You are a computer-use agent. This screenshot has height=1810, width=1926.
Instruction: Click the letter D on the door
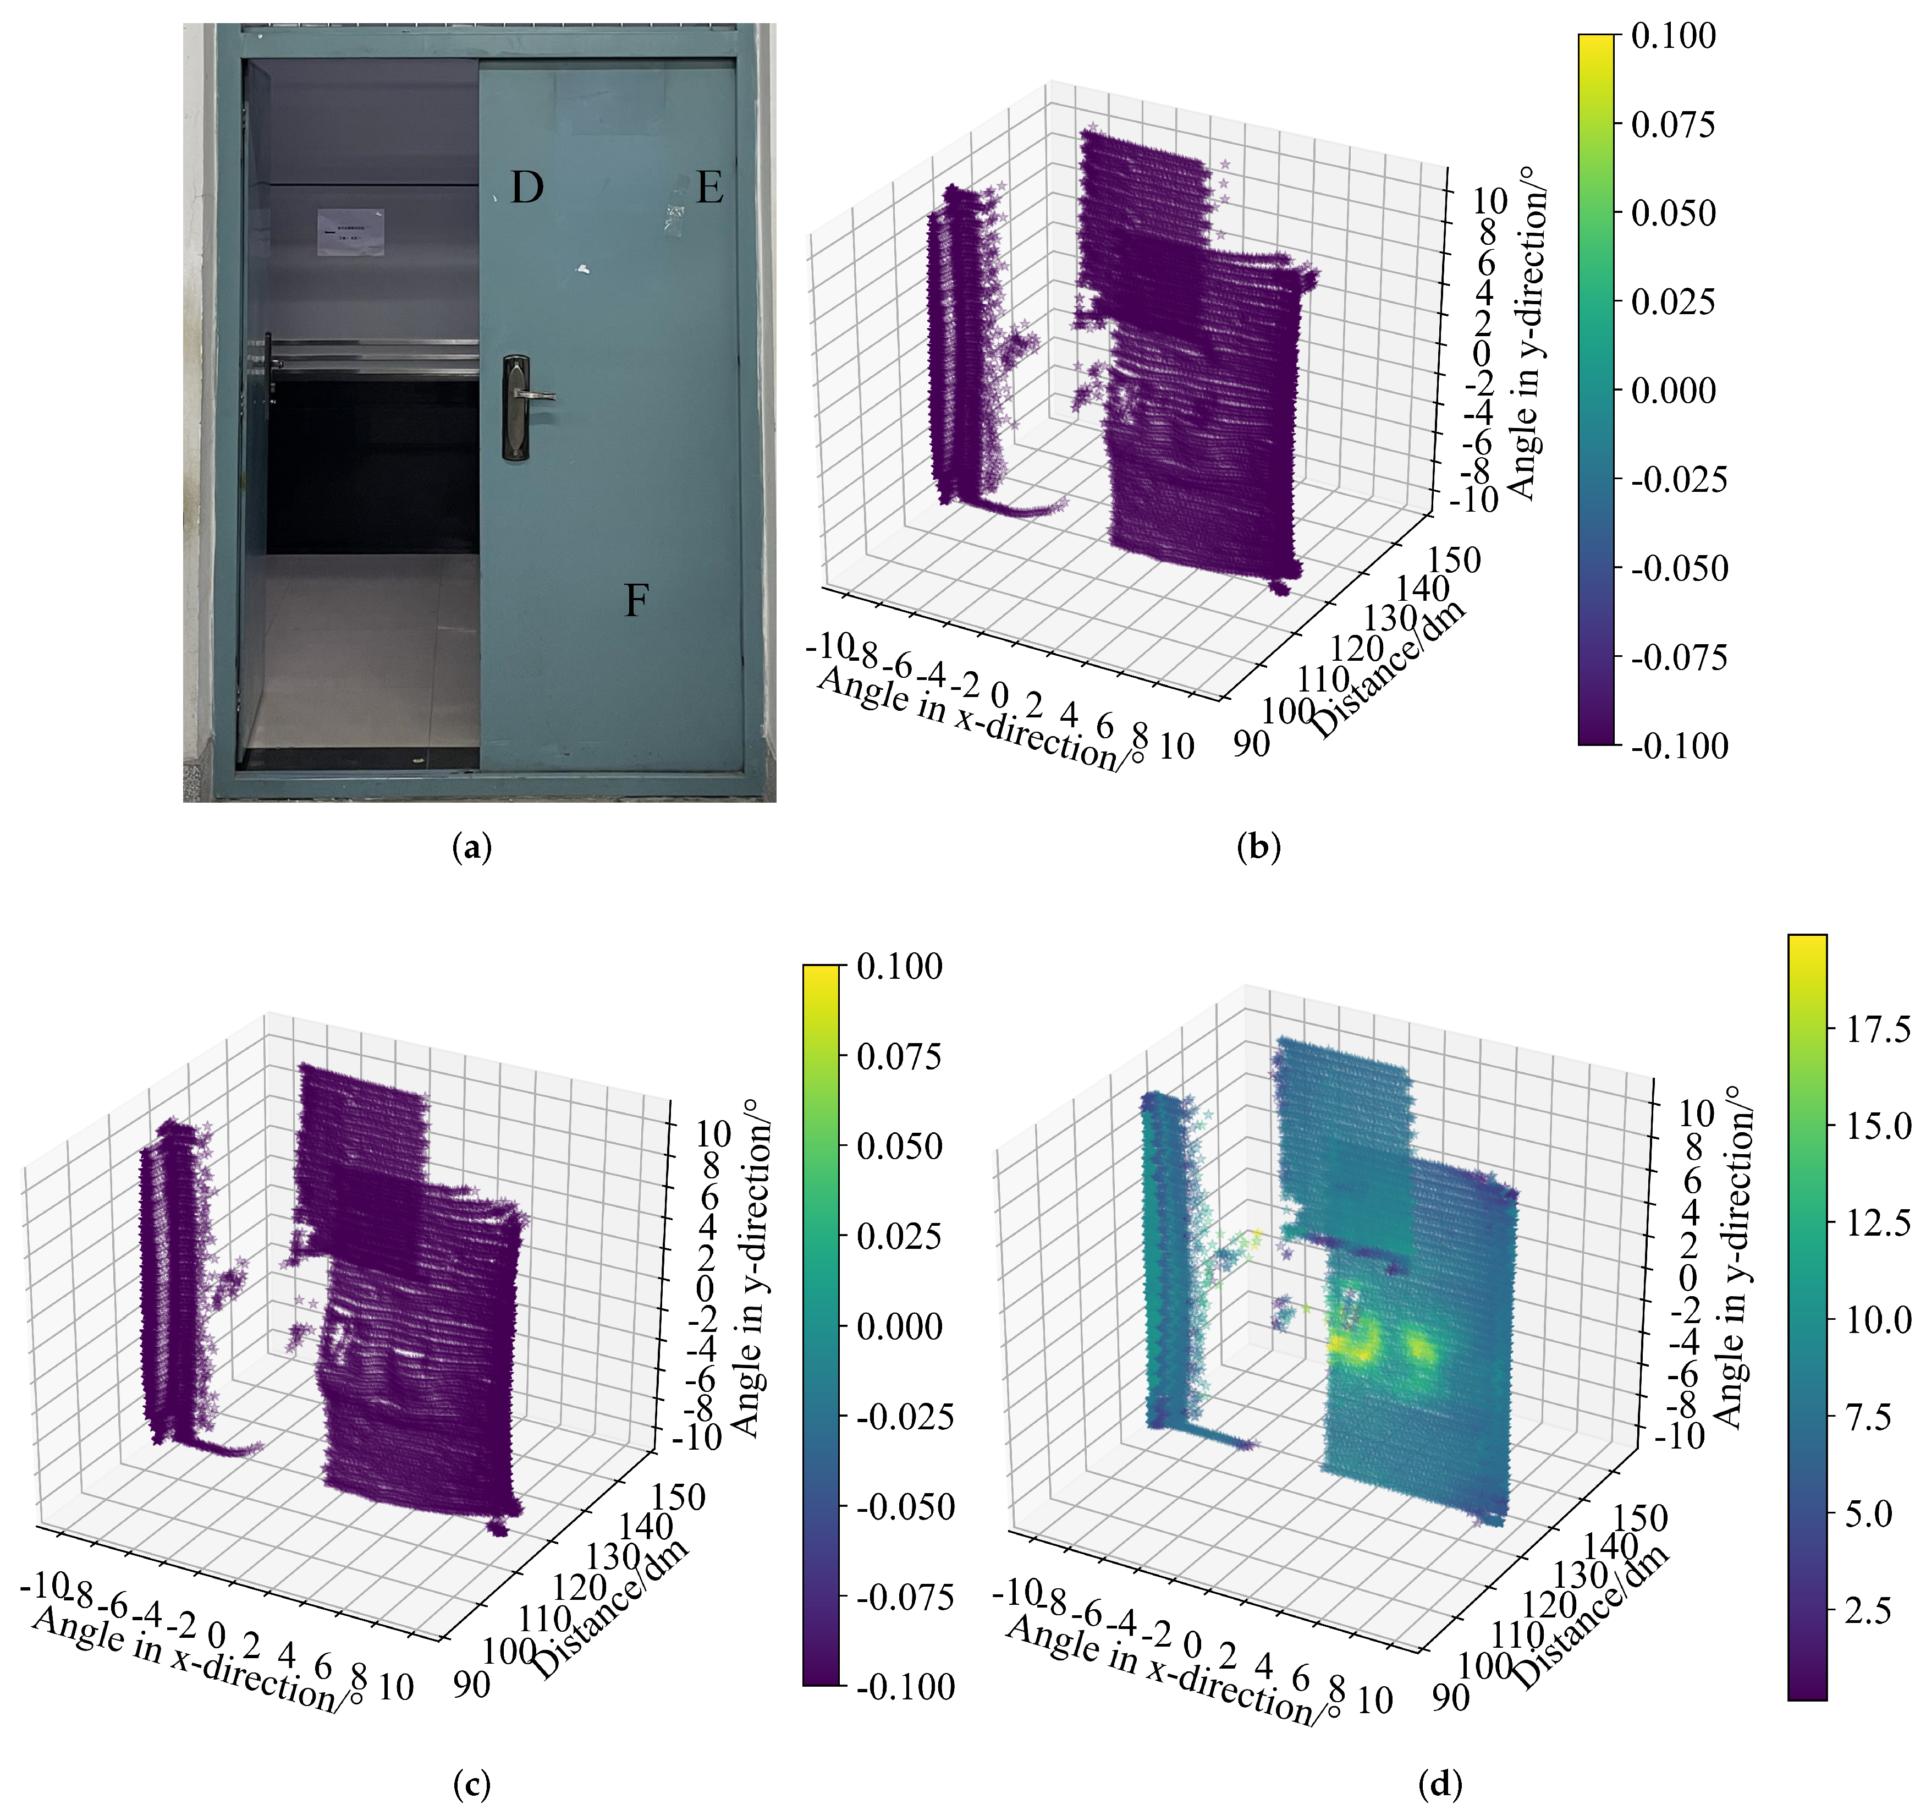pos(526,187)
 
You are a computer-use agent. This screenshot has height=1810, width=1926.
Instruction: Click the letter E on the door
pos(709,187)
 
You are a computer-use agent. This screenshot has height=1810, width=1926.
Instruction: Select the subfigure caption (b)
pos(1258,849)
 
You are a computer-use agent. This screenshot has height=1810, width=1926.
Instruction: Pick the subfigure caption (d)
pos(1440,1784)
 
